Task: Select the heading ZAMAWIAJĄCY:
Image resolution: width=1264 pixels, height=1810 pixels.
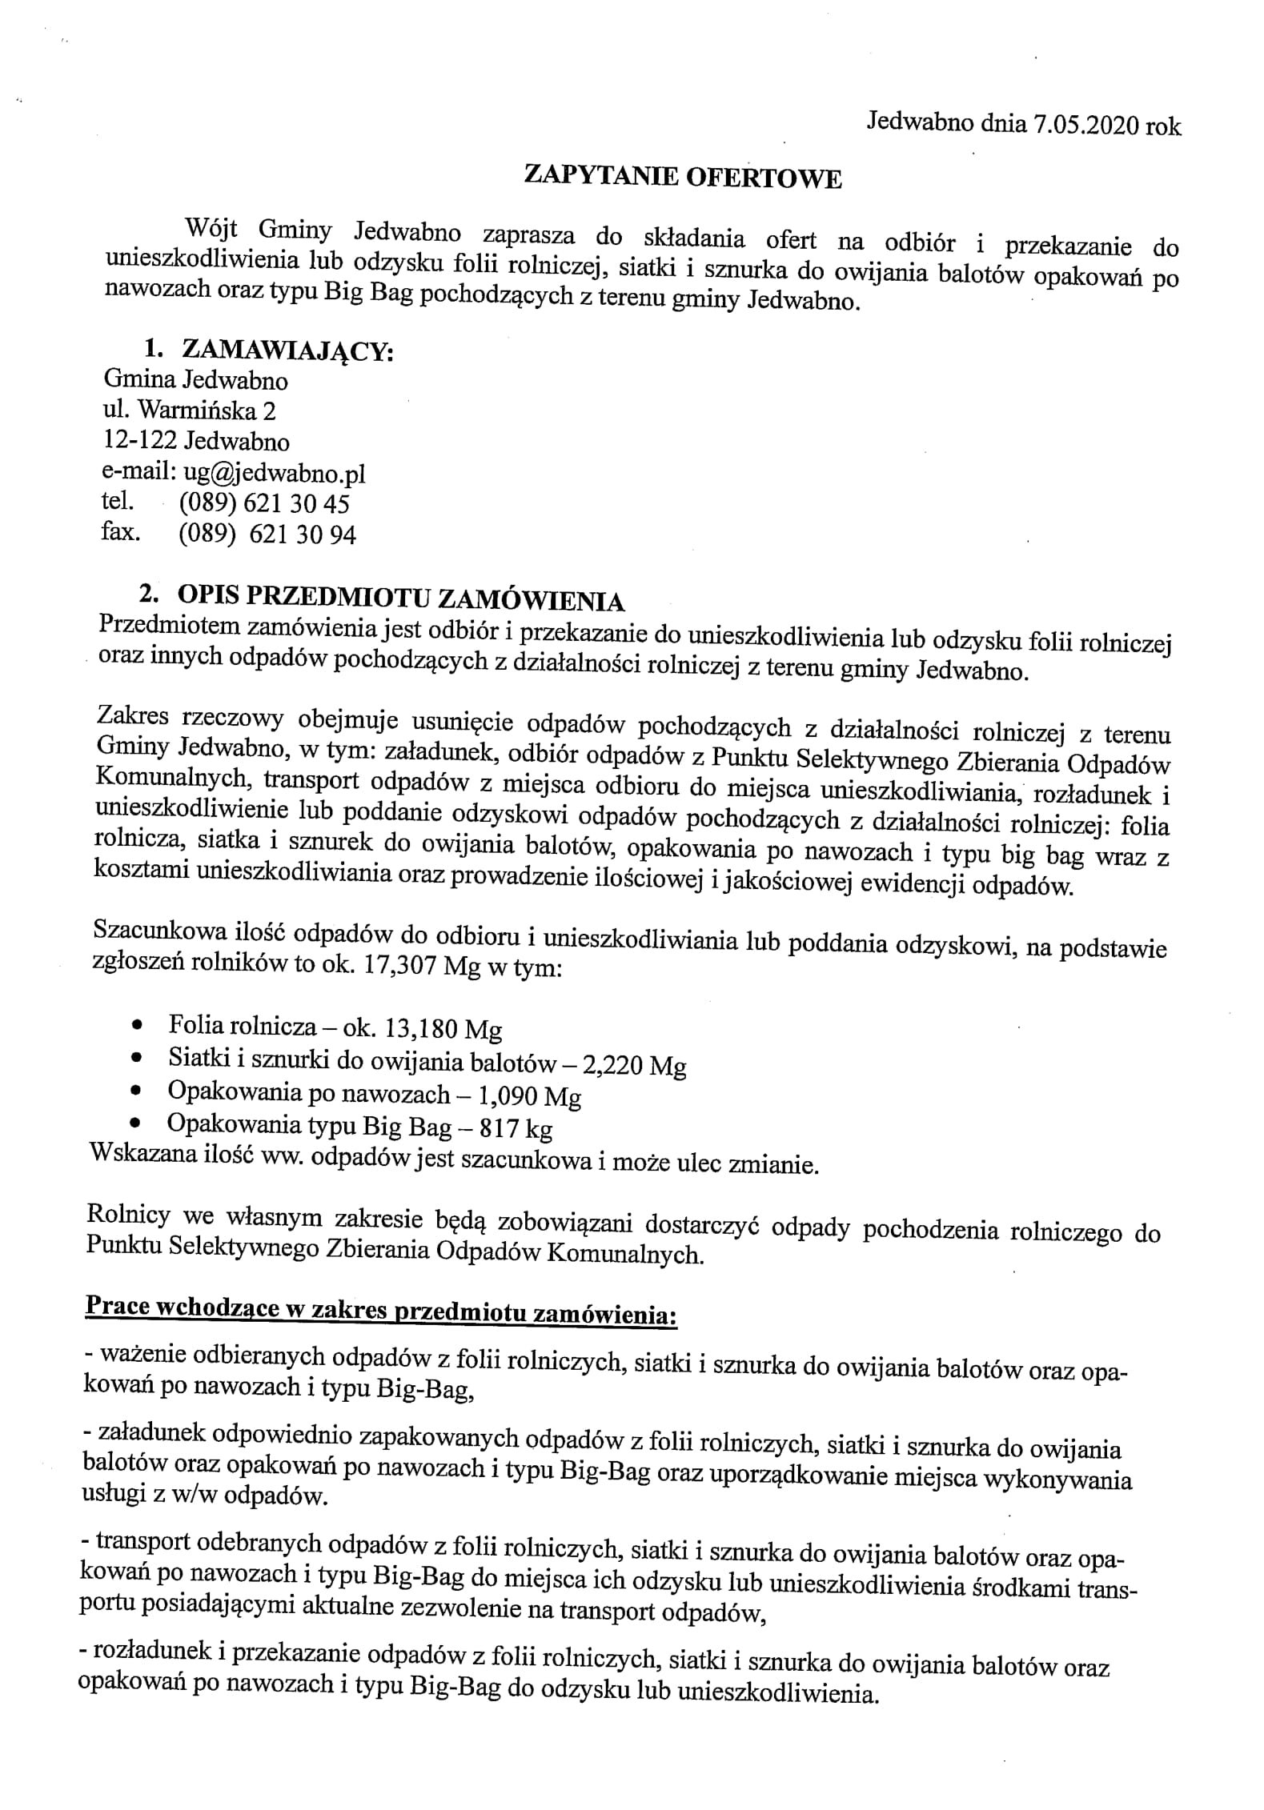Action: (288, 350)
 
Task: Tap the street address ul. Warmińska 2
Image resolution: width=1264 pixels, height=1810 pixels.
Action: (190, 410)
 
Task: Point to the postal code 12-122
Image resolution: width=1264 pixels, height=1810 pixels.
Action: (139, 441)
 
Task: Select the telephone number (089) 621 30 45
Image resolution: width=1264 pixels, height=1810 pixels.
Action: (264, 503)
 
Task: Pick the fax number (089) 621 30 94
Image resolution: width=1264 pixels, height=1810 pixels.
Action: (267, 535)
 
